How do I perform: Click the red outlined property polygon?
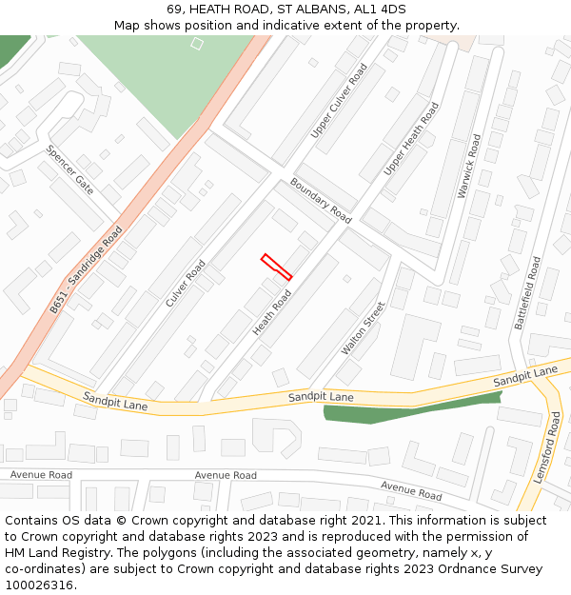coord(276,267)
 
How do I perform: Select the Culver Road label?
coord(186,283)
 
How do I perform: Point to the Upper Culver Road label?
coord(340,101)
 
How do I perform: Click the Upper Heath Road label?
coord(411,138)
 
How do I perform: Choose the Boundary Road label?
coord(321,201)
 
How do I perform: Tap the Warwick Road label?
coord(469,166)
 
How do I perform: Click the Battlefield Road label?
coord(527,292)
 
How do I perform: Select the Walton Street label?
coord(364,328)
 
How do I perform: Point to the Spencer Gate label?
coord(70,169)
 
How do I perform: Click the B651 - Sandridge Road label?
coord(87,269)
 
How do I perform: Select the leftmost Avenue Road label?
coord(41,474)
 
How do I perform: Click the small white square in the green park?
coord(197,43)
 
